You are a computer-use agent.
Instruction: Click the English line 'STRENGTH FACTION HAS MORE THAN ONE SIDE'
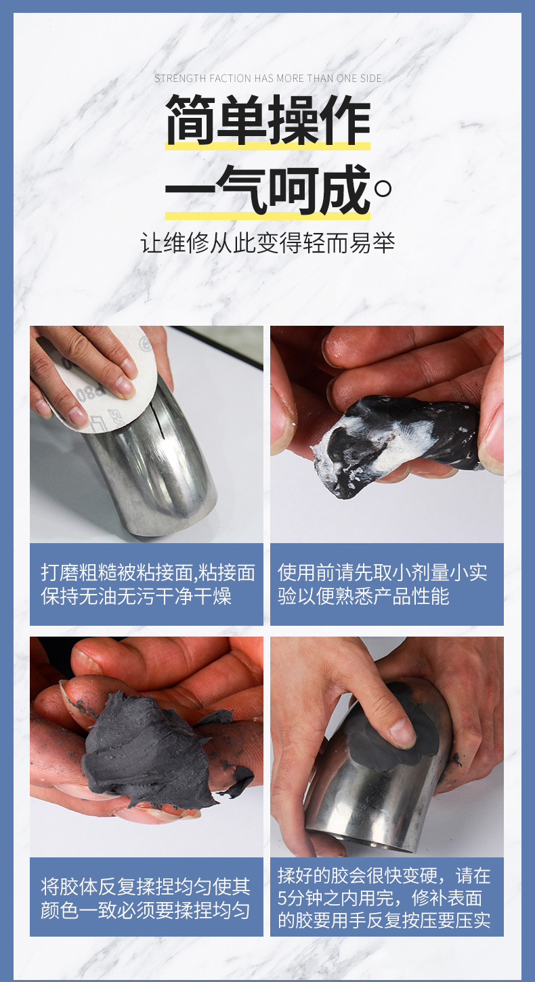pyautogui.click(x=267, y=79)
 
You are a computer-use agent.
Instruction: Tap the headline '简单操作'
pyautogui.click(x=268, y=120)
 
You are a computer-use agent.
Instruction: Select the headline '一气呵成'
pyautogui.click(x=267, y=190)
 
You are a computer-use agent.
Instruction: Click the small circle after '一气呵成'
pyautogui.click(x=383, y=189)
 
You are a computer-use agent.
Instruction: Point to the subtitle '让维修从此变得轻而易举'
pyautogui.click(x=267, y=243)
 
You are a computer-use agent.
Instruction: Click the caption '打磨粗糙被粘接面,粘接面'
pyautogui.click(x=148, y=572)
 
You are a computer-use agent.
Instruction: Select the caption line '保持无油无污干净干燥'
pyautogui.click(x=136, y=596)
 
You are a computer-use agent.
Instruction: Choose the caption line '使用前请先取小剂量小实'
pyautogui.click(x=383, y=572)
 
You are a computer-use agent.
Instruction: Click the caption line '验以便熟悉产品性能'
pyautogui.click(x=363, y=596)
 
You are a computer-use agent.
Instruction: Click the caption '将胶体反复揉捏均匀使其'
pyautogui.click(x=146, y=887)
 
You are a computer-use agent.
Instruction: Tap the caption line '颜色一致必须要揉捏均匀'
pyautogui.click(x=146, y=910)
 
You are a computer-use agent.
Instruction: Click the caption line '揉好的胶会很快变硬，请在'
pyautogui.click(x=384, y=876)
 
